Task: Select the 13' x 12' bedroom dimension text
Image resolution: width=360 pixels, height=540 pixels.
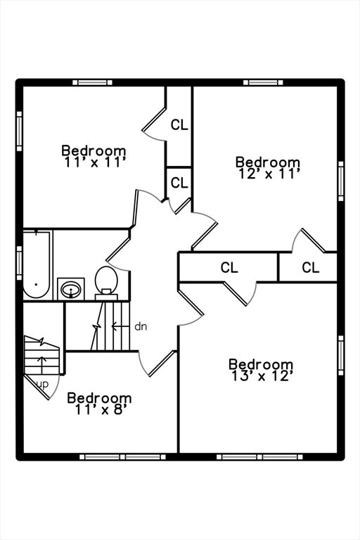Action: click(262, 376)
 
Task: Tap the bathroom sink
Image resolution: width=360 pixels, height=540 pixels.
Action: click(71, 289)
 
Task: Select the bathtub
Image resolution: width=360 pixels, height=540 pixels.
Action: click(37, 264)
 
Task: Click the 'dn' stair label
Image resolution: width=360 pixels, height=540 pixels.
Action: click(141, 326)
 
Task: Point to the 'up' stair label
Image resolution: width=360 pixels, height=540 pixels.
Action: click(42, 385)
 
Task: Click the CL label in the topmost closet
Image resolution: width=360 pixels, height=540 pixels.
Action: click(179, 124)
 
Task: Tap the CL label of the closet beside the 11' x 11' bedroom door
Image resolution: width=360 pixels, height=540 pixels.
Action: click(179, 183)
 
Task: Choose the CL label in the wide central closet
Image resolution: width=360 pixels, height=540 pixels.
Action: click(229, 267)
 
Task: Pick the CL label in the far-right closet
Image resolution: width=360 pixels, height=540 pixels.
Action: click(310, 267)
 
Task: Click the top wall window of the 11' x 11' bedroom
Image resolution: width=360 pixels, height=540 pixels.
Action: click(92, 82)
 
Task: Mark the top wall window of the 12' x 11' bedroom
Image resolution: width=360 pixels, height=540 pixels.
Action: click(263, 82)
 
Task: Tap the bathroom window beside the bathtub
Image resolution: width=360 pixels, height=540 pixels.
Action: click(19, 260)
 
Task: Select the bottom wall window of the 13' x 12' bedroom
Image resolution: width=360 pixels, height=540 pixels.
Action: click(259, 457)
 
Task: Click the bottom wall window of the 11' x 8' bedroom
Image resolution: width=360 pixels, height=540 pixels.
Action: click(122, 457)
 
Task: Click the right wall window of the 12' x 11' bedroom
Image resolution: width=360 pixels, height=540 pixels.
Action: click(341, 181)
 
